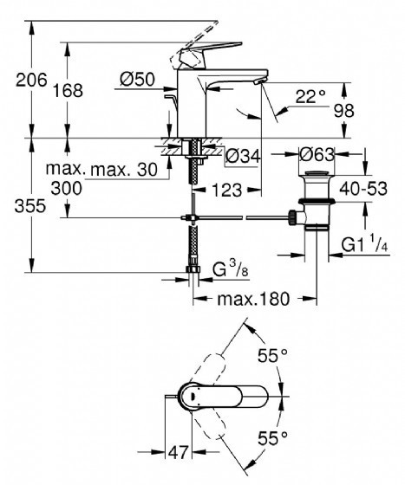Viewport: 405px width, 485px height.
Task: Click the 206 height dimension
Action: point(31,80)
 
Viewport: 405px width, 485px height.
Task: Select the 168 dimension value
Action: point(68,91)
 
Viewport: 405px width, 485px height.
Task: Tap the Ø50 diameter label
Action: point(137,79)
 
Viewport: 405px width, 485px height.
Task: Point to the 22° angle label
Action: point(310,96)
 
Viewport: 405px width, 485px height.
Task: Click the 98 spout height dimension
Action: point(343,111)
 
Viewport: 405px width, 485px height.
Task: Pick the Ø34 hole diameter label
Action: point(243,156)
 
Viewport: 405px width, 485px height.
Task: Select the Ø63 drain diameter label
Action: point(317,154)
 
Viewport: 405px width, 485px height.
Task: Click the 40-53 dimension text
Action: point(363,189)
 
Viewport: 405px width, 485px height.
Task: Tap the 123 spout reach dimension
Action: point(226,190)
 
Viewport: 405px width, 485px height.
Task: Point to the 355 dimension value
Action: point(30,206)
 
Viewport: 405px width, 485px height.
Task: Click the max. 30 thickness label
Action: point(124,170)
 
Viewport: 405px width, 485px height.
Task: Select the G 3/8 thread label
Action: point(231,269)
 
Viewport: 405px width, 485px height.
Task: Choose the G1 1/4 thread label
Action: point(365,245)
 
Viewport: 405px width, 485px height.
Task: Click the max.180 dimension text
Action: point(253,299)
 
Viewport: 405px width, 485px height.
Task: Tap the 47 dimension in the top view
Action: point(178,452)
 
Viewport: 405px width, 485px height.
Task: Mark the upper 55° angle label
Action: point(273,355)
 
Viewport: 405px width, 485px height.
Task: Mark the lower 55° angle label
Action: point(273,438)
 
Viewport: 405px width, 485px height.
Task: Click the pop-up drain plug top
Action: point(317,173)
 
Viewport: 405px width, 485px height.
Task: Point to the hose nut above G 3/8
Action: point(193,269)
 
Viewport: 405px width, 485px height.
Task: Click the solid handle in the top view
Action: point(222,397)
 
